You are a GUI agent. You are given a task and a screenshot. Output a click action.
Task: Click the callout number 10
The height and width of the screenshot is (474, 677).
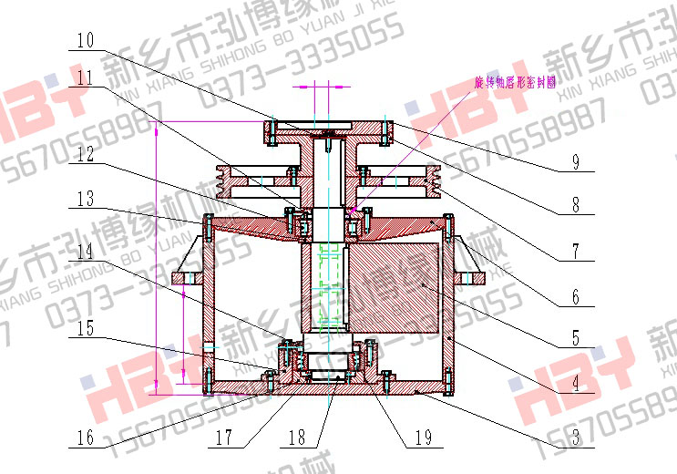click(85, 41)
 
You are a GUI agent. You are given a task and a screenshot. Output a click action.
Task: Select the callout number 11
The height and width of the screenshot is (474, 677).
click(85, 79)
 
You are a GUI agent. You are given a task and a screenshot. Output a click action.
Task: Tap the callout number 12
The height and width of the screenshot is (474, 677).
click(85, 156)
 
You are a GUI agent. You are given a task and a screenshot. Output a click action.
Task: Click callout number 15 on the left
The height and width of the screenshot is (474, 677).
click(85, 328)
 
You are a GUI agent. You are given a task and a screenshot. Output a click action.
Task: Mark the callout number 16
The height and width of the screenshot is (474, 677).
click(85, 437)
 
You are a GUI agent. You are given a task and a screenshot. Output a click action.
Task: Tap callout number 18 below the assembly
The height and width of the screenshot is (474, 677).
click(296, 437)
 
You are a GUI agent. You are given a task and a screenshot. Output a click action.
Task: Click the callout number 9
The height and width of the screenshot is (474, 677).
click(575, 162)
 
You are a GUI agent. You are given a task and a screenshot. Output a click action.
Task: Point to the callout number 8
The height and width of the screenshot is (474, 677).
click(575, 205)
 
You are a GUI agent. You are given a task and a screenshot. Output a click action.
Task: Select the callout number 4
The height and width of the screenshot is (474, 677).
click(575, 384)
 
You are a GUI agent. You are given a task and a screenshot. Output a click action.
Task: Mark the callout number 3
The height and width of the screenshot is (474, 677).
click(575, 436)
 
